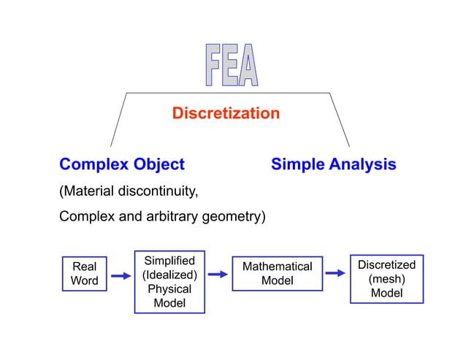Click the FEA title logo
click(231, 66)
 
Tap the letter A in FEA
click(249, 66)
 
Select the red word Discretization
click(226, 113)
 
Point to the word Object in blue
click(157, 164)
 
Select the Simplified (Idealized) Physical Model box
click(169, 282)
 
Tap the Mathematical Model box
click(277, 274)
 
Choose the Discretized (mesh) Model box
click(386, 278)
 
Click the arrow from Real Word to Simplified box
click(120, 276)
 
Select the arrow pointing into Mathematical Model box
click(218, 275)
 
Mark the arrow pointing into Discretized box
click(335, 273)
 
